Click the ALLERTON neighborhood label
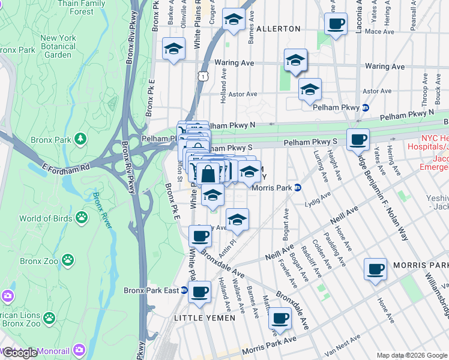(x=278, y=29)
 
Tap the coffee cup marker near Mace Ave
(x=336, y=25)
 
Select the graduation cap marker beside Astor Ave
(x=310, y=90)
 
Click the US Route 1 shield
(x=205, y=77)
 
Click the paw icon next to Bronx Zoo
(x=69, y=261)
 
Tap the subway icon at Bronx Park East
(x=184, y=290)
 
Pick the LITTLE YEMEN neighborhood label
(x=205, y=317)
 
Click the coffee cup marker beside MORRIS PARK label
(x=376, y=269)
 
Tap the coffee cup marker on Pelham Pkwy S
(x=358, y=140)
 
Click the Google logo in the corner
(x=20, y=353)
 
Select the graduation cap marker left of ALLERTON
(x=233, y=20)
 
